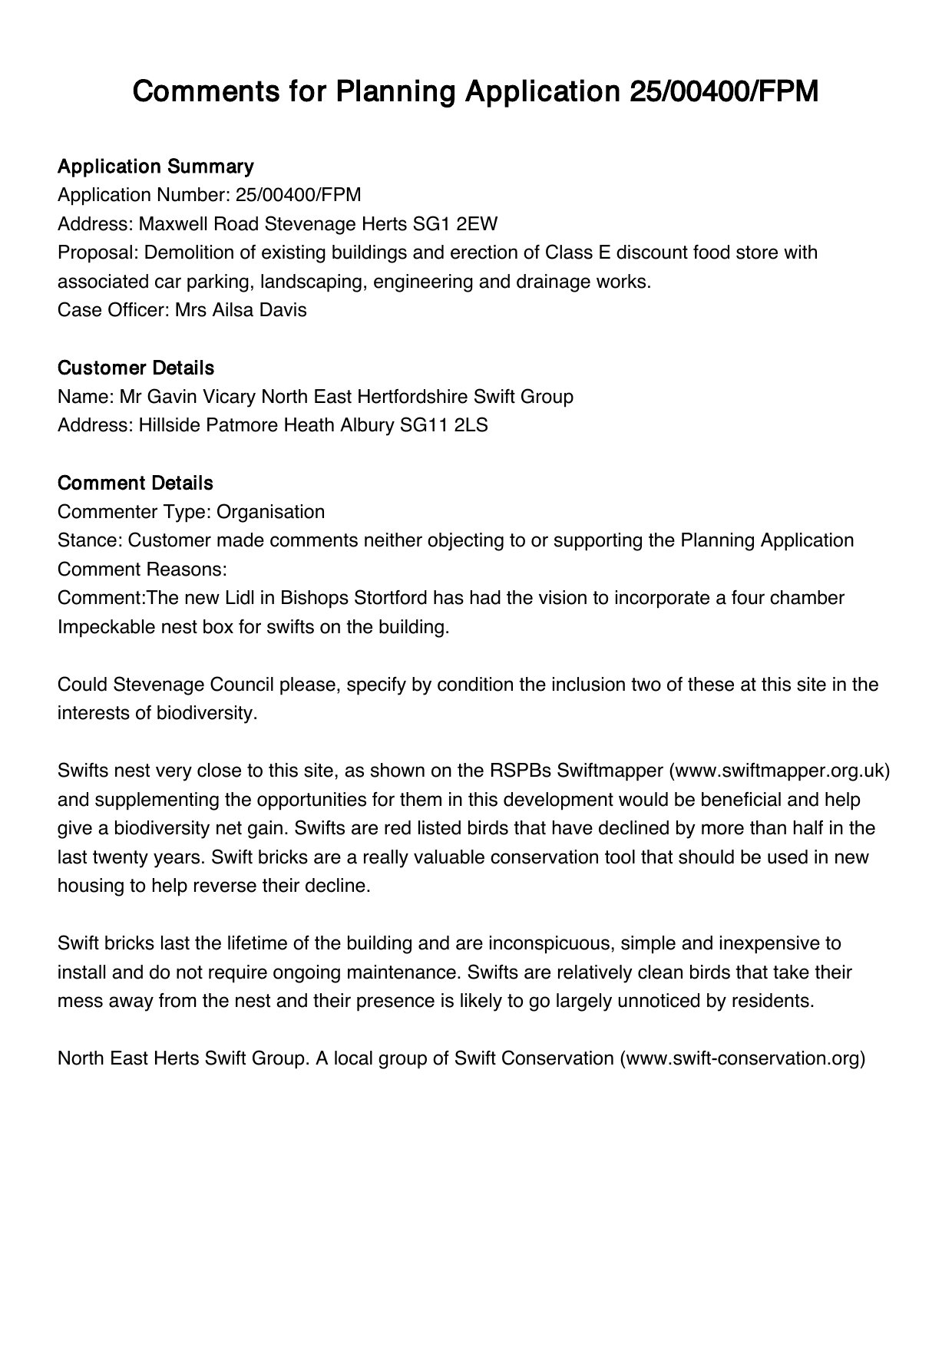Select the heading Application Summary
155,167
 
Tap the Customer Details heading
135,368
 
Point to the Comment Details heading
135,484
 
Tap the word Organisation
271,512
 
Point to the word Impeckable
107,627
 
